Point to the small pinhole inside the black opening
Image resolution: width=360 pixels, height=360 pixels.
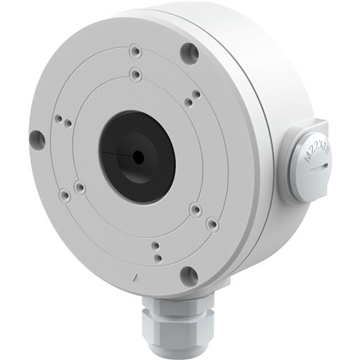pyautogui.click(x=139, y=157)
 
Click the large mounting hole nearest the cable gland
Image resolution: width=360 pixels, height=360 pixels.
pyautogui.click(x=189, y=276)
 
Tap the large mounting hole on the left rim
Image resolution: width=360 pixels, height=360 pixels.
pyautogui.click(x=37, y=139)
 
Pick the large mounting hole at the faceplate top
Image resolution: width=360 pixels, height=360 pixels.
pyautogui.click(x=189, y=54)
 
